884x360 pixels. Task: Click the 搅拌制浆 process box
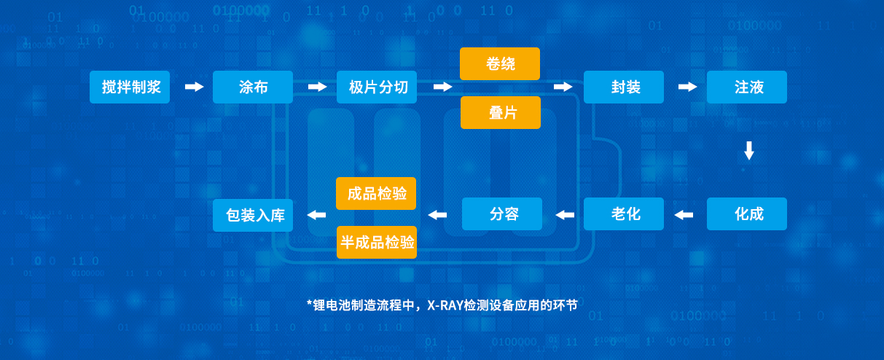pyautogui.click(x=130, y=87)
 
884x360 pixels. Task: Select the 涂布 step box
pyautogui.click(x=253, y=87)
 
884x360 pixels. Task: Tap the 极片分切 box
pyautogui.click(x=378, y=87)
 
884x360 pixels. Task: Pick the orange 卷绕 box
pyautogui.click(x=500, y=64)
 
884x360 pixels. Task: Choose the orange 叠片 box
pyautogui.click(x=500, y=112)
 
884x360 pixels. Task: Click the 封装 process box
pyautogui.click(x=624, y=87)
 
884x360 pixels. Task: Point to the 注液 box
pyautogui.click(x=747, y=87)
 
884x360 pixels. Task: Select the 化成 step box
pyautogui.click(x=747, y=214)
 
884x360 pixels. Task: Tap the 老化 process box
pyautogui.click(x=624, y=214)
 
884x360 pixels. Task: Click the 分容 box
pyautogui.click(x=502, y=214)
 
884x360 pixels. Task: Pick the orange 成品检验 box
pyautogui.click(x=376, y=194)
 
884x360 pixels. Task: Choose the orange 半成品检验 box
pyautogui.click(x=376, y=242)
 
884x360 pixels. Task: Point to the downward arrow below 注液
pyautogui.click(x=748, y=151)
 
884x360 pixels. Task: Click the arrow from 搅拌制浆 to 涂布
pyautogui.click(x=194, y=87)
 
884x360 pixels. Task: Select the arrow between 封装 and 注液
pyautogui.click(x=687, y=87)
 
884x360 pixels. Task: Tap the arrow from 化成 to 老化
pyautogui.click(x=684, y=215)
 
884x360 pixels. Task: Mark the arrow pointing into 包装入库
pyautogui.click(x=316, y=215)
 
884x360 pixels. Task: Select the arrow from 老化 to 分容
pyautogui.click(x=565, y=215)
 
